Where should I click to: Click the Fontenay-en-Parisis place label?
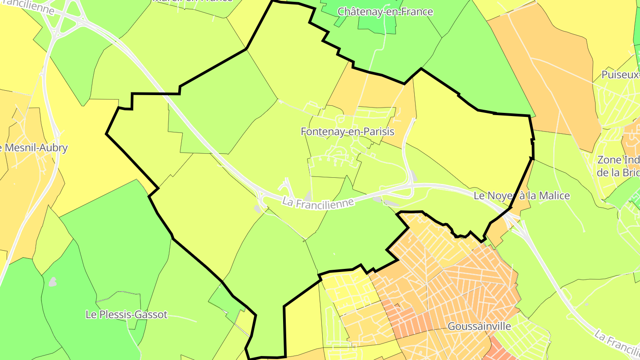[x=348, y=132]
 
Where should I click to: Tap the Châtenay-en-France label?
[x=385, y=12]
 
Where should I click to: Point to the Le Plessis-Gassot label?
[x=127, y=315]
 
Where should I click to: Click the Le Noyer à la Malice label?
[x=521, y=196]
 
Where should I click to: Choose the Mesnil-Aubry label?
[x=36, y=148]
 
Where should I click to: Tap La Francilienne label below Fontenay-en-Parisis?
[x=318, y=202]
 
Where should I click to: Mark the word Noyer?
[x=501, y=196]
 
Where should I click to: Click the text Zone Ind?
[x=618, y=160]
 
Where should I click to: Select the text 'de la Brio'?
[x=618, y=172]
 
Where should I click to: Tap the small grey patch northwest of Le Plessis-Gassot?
[x=52, y=282]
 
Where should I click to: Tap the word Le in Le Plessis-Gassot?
[x=91, y=315]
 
